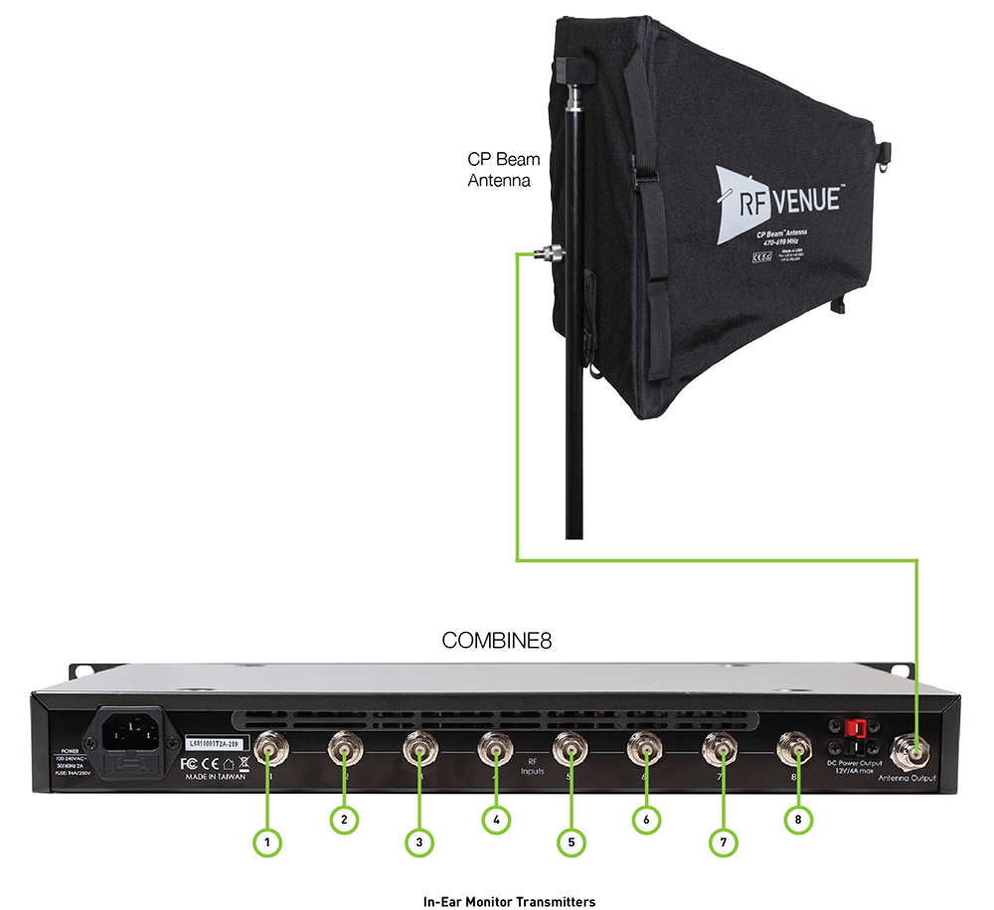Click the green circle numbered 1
tap(267, 842)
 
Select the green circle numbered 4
tap(495, 820)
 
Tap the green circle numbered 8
tap(797, 820)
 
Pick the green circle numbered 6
tap(646, 820)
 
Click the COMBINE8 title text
tap(496, 642)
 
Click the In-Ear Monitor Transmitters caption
tap(509, 902)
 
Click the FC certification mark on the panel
tap(192, 764)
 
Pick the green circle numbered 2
tap(343, 820)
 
